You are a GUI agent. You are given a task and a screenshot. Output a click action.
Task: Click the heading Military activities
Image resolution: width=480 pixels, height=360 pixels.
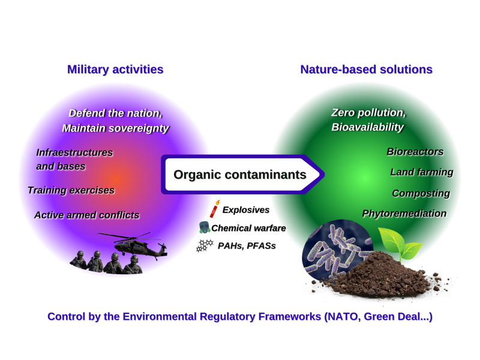pyautogui.click(x=115, y=69)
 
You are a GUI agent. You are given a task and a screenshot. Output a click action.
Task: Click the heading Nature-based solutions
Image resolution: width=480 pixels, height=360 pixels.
pyautogui.click(x=366, y=69)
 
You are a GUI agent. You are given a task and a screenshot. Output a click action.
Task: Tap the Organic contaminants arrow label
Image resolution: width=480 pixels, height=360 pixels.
pyautogui.click(x=239, y=175)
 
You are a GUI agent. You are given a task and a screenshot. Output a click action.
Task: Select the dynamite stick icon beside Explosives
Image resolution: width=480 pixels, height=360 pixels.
pyautogui.click(x=214, y=209)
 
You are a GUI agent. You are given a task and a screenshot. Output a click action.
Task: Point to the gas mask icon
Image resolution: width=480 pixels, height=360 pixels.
pyautogui.click(x=204, y=228)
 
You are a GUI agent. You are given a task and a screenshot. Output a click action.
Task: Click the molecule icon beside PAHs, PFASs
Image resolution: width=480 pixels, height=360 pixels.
pyautogui.click(x=205, y=245)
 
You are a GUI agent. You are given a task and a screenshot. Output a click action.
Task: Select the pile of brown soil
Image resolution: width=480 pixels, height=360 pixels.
pyautogui.click(x=384, y=273)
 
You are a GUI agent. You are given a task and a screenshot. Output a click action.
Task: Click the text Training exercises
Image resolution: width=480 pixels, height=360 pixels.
pyautogui.click(x=71, y=190)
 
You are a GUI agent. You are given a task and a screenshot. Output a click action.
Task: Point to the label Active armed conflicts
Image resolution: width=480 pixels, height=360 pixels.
pyautogui.click(x=86, y=215)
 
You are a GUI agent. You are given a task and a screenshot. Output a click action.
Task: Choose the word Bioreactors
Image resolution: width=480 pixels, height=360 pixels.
pyautogui.click(x=415, y=152)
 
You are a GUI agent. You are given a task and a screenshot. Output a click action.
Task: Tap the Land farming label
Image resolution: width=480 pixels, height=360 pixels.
pyautogui.click(x=421, y=172)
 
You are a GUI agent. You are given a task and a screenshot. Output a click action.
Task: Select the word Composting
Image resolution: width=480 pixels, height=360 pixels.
pyautogui.click(x=421, y=193)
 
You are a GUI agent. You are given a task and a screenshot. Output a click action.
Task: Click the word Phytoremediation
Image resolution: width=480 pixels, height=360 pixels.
pyautogui.click(x=404, y=214)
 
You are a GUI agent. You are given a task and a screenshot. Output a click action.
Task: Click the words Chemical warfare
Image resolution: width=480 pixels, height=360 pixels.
pyautogui.click(x=248, y=228)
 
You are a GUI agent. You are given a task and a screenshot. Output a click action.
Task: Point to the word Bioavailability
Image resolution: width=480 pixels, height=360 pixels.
pyautogui.click(x=367, y=127)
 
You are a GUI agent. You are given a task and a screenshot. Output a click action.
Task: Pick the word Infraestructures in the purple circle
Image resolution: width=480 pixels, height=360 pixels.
pyautogui.click(x=74, y=152)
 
